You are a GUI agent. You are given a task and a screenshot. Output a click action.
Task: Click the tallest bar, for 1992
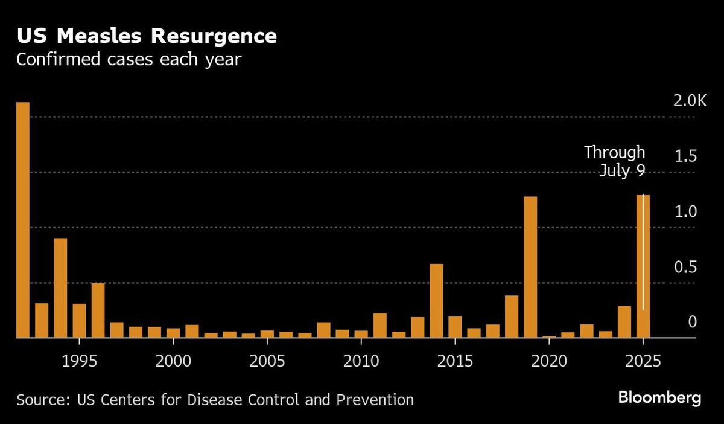coord(23,220)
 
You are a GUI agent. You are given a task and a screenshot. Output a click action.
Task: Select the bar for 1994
coord(60,288)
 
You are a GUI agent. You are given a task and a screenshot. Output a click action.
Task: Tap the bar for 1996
coord(98,310)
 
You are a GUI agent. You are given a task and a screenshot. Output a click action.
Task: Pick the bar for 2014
coord(436,301)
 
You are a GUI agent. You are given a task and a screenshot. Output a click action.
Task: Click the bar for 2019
coord(530,267)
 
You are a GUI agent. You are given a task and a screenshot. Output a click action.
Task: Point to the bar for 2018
coord(512,316)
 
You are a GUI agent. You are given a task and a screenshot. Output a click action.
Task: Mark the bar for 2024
coord(624,322)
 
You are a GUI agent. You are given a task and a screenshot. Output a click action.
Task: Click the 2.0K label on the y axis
coord(690,101)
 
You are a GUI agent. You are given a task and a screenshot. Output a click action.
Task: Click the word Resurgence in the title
coord(214,36)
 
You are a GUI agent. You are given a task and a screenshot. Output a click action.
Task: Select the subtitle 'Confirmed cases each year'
coord(129,60)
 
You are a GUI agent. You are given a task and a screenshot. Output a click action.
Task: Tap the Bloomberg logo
coord(659,399)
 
